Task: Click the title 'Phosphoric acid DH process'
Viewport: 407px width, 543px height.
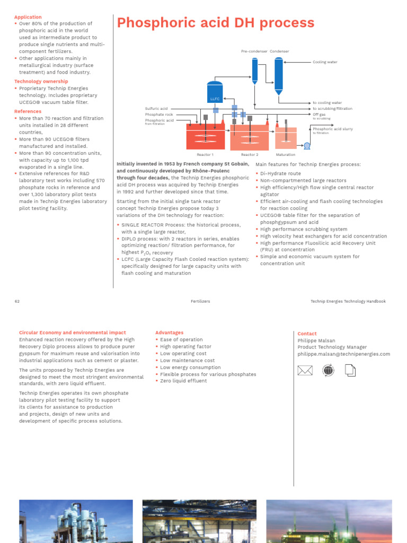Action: [x=215, y=23]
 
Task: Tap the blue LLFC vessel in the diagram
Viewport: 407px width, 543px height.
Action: [x=214, y=92]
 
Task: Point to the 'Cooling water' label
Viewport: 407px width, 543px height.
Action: [x=325, y=62]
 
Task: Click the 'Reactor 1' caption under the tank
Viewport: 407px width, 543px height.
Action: [x=205, y=154]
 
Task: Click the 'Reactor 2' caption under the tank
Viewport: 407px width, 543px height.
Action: [x=250, y=154]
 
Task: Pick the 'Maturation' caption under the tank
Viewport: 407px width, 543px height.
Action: [x=286, y=154]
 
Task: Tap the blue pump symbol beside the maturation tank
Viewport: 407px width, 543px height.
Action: [x=306, y=145]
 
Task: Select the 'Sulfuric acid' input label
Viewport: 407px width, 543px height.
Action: [x=156, y=108]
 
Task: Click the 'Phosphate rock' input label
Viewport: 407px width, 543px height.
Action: [x=159, y=114]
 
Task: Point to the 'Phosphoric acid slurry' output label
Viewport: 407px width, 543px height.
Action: [x=333, y=128]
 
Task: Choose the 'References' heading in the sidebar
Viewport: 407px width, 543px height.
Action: [x=28, y=111]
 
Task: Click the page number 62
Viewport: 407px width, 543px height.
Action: [x=17, y=301]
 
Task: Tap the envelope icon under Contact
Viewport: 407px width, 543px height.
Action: [x=305, y=370]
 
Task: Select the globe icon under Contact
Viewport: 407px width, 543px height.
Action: [x=328, y=370]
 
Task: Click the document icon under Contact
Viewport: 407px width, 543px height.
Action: [x=351, y=370]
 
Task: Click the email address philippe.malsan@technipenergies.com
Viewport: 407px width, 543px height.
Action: [x=343, y=354]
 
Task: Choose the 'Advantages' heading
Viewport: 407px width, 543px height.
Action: [x=169, y=332]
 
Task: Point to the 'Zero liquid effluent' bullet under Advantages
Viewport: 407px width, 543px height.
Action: [x=183, y=381]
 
